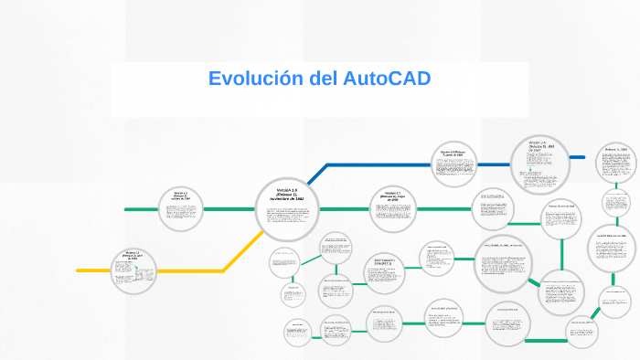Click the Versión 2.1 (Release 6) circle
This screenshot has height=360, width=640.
point(393,208)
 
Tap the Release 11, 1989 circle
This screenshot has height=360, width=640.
point(616,162)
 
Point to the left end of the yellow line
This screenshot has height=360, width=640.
point(80,270)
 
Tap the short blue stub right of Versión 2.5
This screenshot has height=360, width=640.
point(578,157)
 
